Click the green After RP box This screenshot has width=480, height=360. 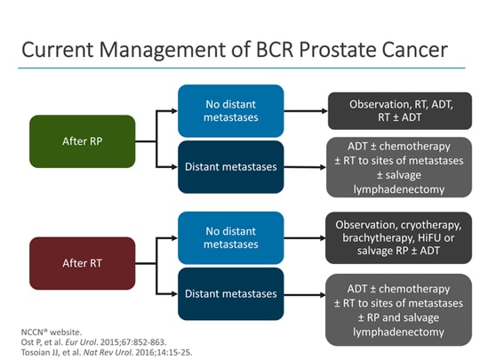coord(83,140)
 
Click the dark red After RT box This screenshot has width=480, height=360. coord(83,262)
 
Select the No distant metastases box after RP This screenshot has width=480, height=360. coord(231,111)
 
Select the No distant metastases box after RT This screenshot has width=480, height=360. coord(231,236)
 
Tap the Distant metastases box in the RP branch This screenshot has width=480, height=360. coord(231,166)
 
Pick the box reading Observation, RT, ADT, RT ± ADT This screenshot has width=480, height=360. coord(398,111)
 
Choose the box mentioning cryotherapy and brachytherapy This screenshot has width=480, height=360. coord(398,236)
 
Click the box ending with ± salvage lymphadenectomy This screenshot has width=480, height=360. coord(398,166)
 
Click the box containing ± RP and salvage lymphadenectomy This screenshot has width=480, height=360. coord(398,308)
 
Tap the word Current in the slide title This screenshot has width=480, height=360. coord(59,48)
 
